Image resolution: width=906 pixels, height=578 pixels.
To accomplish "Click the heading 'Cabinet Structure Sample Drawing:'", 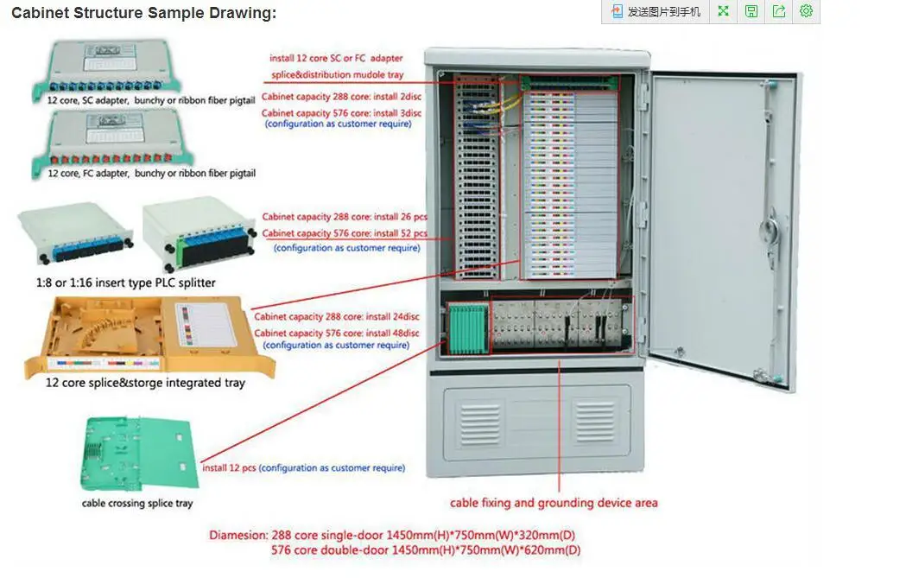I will click(143, 13).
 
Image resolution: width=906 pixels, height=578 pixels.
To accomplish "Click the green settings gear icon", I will click(806, 11).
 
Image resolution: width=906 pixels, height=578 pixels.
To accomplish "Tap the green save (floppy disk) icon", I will click(751, 11).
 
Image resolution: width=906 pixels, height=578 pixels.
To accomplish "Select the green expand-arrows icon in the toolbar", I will click(724, 11).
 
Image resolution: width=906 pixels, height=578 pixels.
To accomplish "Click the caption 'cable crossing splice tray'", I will click(137, 503).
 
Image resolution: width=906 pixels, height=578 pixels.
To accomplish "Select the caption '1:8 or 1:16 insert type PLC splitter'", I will click(126, 283).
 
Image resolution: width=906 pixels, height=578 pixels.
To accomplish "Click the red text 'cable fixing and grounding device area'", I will click(554, 503).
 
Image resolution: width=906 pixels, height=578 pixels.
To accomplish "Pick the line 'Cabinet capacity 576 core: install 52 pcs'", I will click(345, 233).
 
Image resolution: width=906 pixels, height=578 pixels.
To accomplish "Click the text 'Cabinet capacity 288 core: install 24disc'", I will click(337, 317).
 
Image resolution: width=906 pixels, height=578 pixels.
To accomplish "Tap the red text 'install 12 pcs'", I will click(229, 468).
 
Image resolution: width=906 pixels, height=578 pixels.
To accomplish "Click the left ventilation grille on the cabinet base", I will click(479, 423).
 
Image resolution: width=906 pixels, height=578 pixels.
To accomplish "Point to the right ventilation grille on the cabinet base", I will click(594, 423).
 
